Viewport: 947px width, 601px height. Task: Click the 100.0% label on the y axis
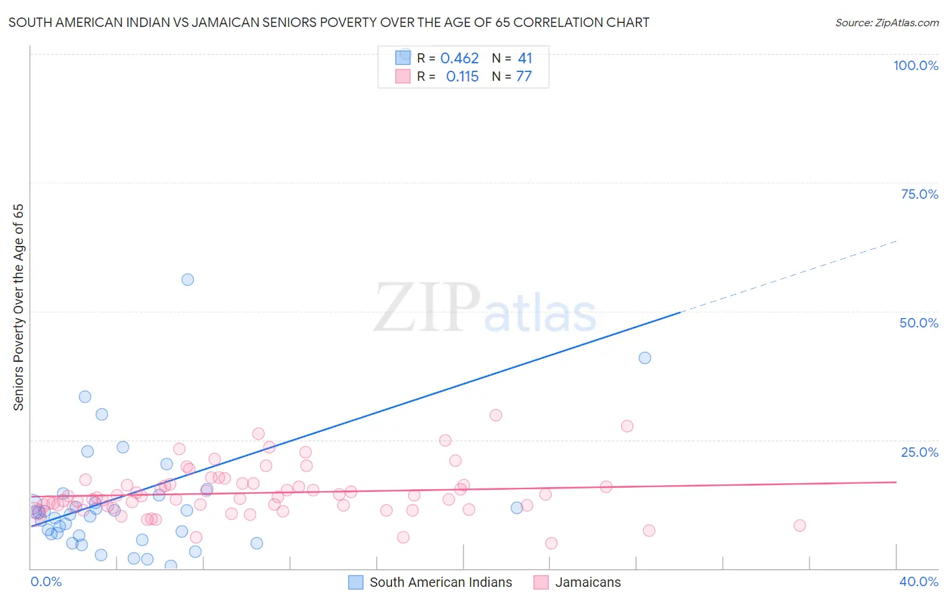[915, 65]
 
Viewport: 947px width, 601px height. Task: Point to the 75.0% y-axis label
[919, 194]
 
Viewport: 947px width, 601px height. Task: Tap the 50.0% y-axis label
[919, 323]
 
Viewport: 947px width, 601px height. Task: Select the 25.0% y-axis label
[919, 451]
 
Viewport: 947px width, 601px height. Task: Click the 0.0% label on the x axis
[46, 581]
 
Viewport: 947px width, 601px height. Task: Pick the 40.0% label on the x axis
[919, 581]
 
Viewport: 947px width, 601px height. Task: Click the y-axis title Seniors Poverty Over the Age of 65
[18, 307]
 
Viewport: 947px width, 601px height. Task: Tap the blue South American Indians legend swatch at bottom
[356, 582]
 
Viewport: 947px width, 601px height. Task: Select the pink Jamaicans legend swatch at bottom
[541, 582]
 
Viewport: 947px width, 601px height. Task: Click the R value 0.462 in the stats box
[459, 59]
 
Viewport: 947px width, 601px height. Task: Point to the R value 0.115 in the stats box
[462, 77]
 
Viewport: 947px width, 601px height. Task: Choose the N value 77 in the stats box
[524, 77]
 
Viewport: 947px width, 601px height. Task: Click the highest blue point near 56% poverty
[188, 280]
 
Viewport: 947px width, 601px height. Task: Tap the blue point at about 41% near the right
[645, 358]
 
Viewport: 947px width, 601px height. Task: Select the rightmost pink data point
[799, 526]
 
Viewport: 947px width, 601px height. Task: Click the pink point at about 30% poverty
[496, 415]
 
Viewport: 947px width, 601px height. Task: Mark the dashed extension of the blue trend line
[788, 276]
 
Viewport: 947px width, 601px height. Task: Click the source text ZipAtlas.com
[886, 22]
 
